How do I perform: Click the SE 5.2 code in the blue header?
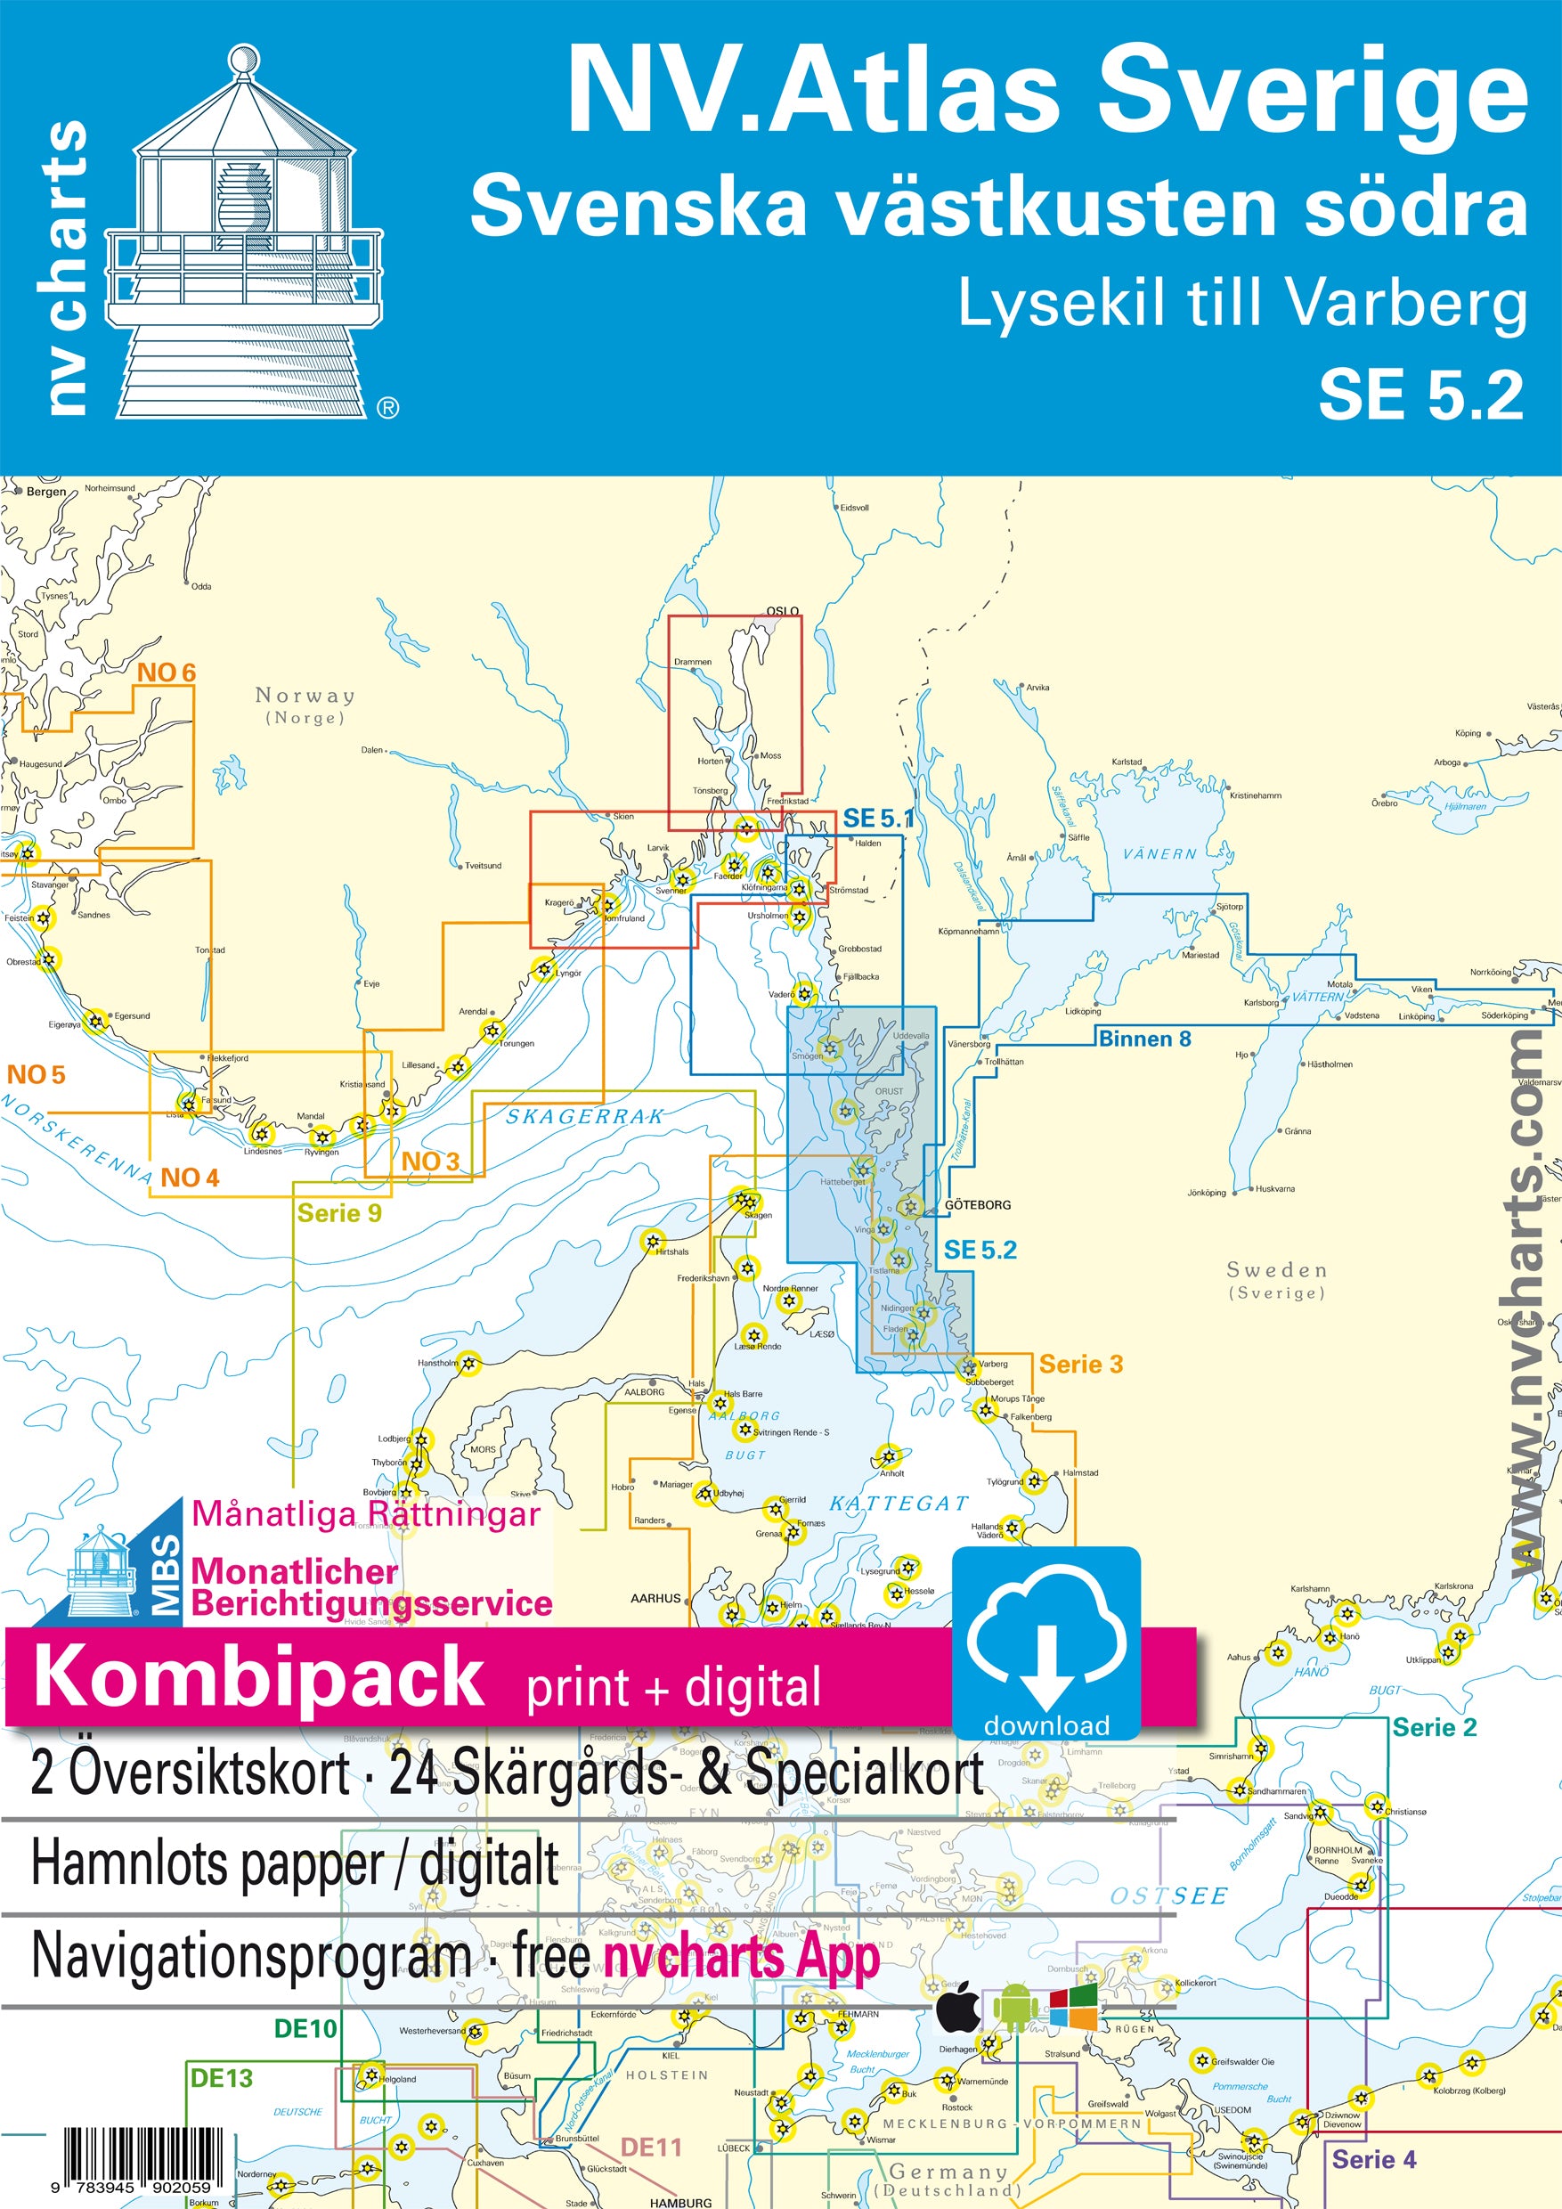[x=1420, y=395]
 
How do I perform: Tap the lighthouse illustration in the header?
[x=244, y=236]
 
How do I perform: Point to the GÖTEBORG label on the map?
[x=977, y=1204]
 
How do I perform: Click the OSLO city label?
[x=782, y=611]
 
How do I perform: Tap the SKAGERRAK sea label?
[x=585, y=1117]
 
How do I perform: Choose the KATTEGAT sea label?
[x=899, y=1504]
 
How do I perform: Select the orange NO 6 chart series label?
[x=167, y=673]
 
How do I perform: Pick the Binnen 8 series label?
[x=1144, y=1039]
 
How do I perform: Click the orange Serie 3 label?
[x=1080, y=1365]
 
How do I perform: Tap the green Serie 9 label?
[x=338, y=1213]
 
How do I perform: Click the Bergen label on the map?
[x=46, y=492]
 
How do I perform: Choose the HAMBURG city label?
[x=681, y=2202]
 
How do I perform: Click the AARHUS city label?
[x=655, y=1598]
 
